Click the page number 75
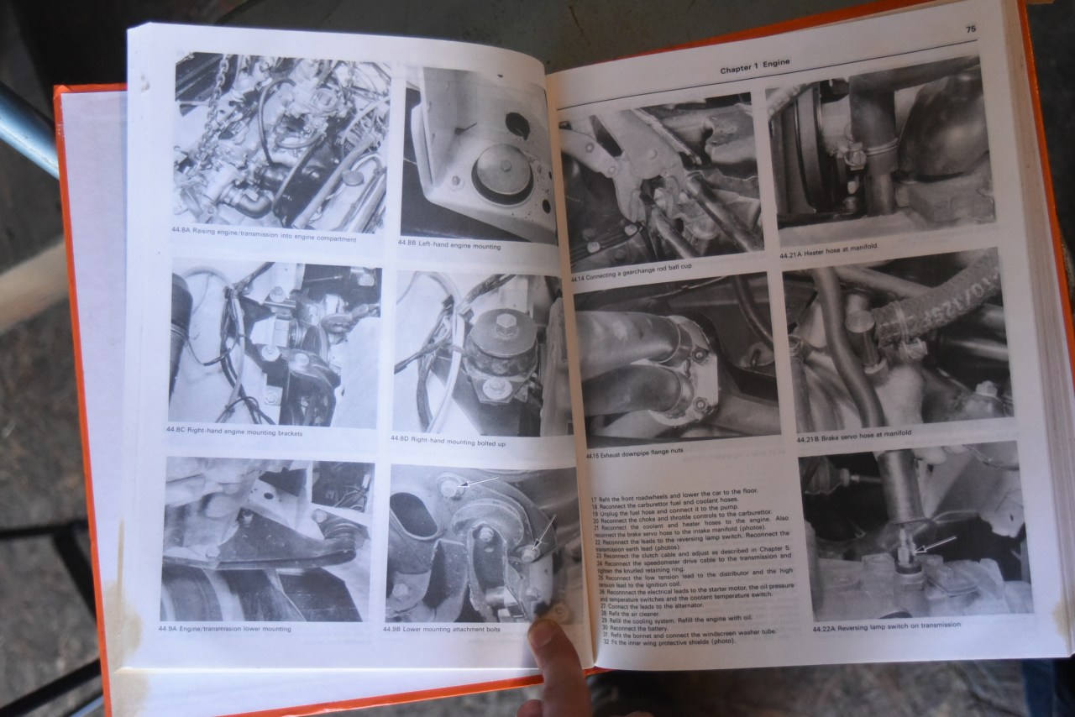971,29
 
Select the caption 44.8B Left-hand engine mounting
449,246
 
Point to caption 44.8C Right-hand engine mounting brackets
235,431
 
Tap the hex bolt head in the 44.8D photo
506,323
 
